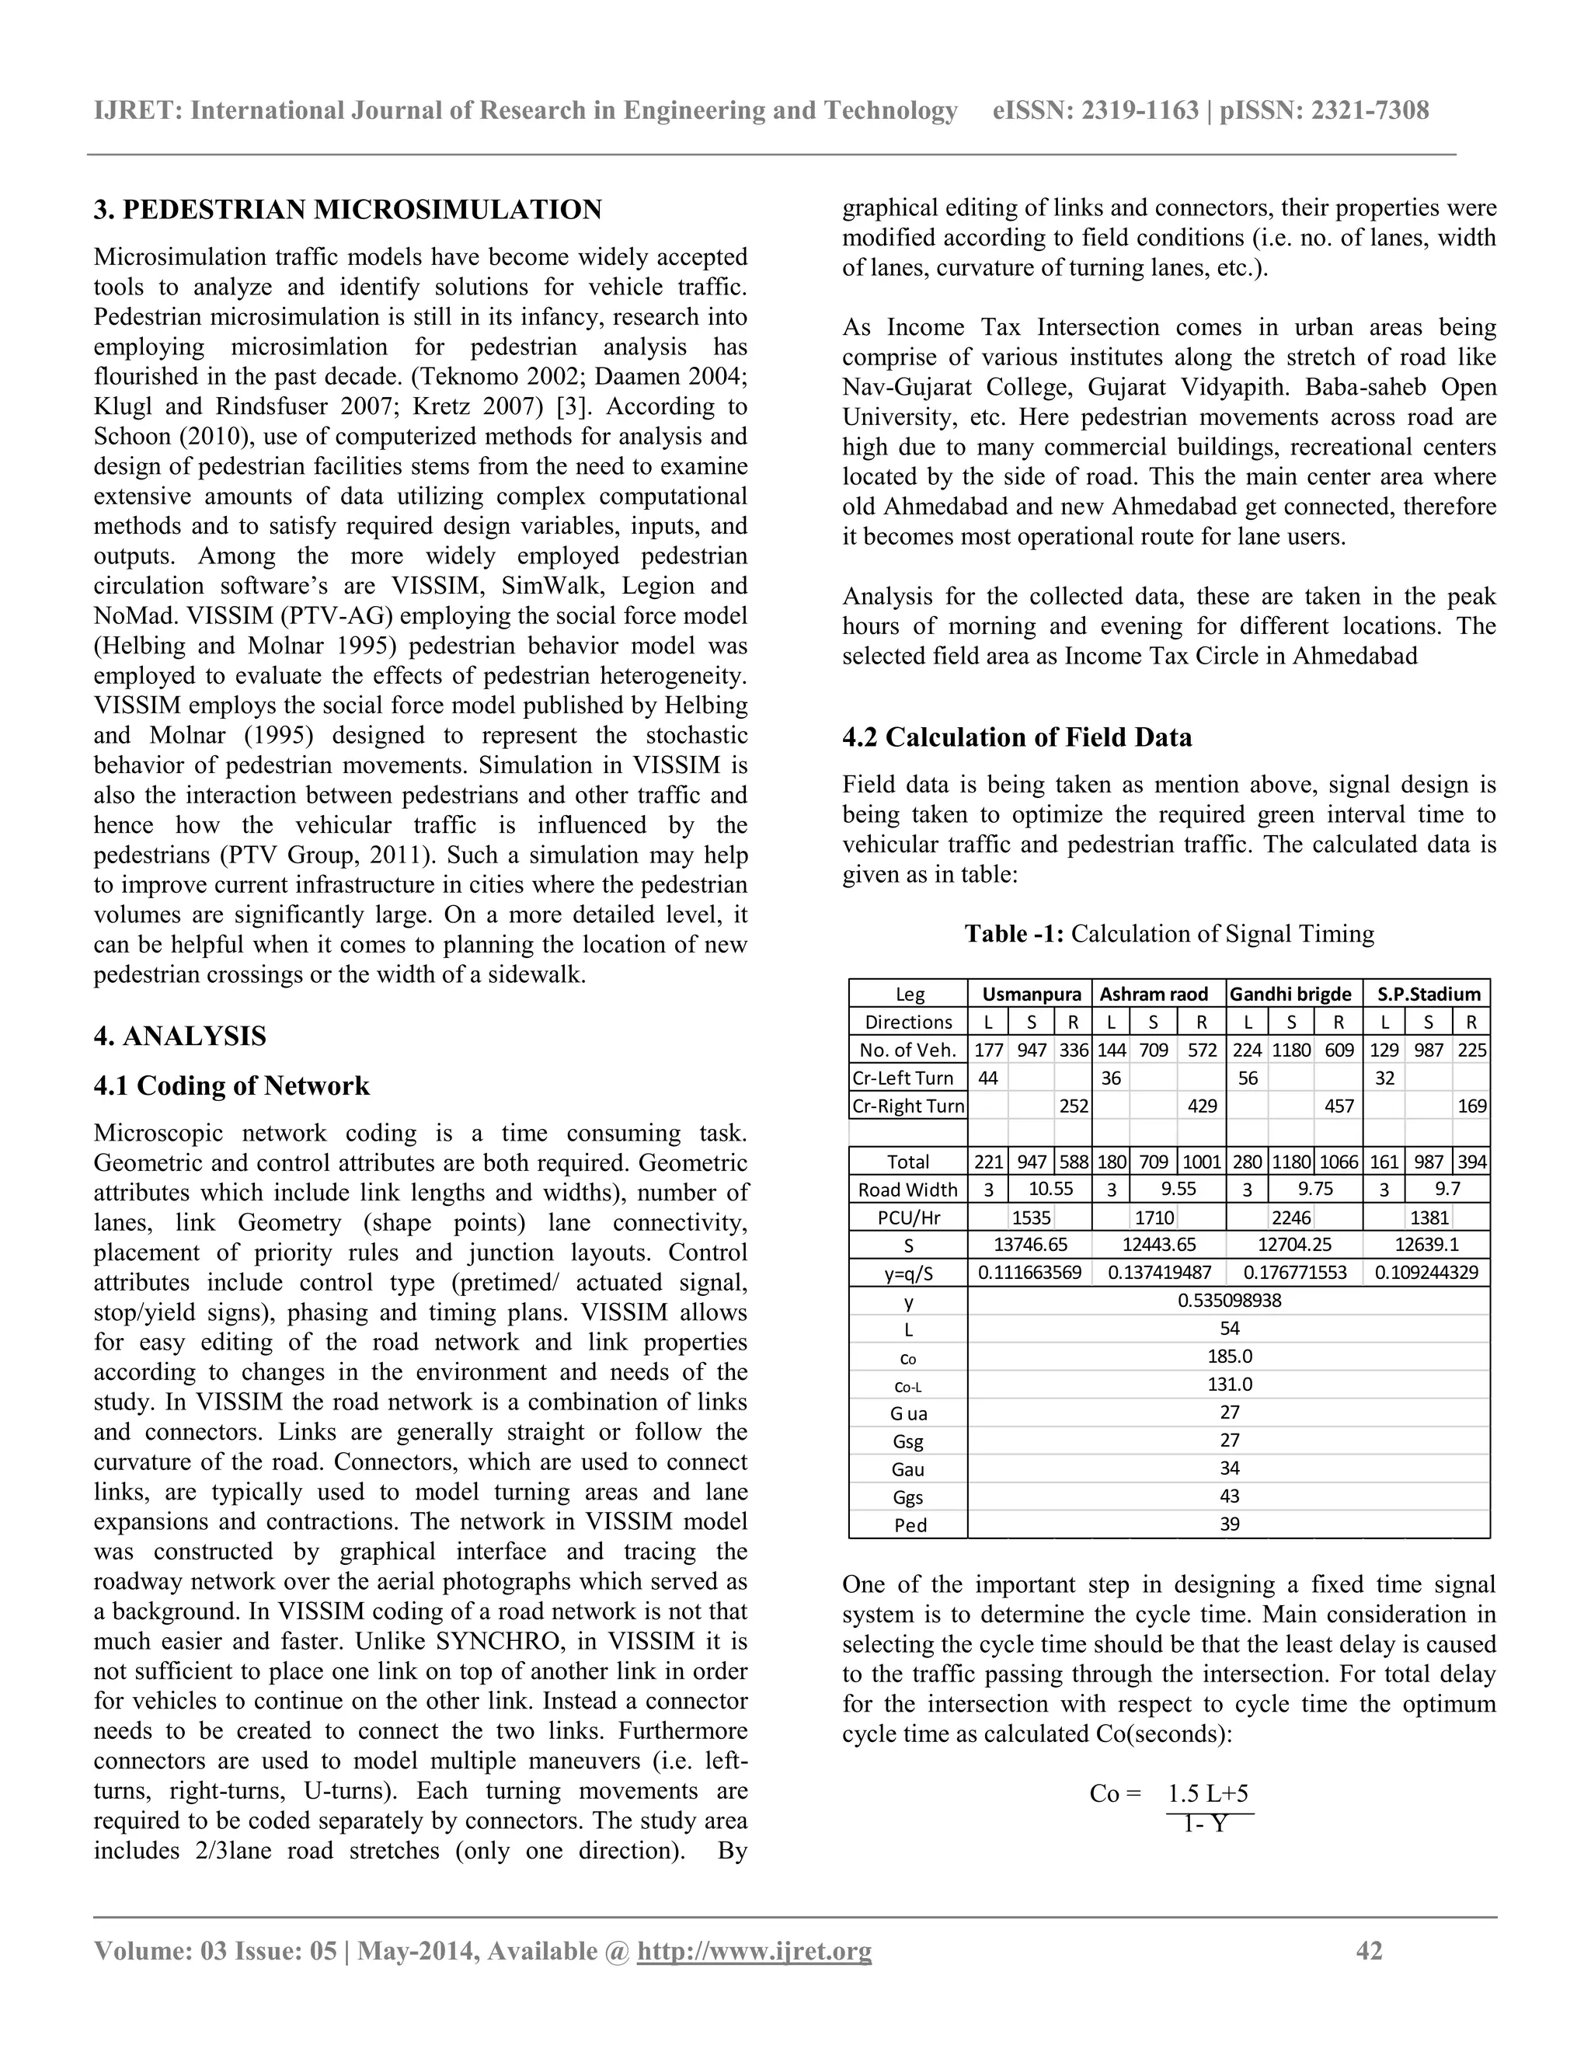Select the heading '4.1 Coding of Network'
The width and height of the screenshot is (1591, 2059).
click(231, 1086)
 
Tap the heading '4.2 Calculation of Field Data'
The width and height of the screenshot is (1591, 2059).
click(1017, 737)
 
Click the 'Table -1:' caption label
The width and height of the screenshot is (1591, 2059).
click(1014, 934)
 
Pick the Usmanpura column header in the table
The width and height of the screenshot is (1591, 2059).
click(1031, 994)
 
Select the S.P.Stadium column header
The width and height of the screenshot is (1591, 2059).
click(1428, 994)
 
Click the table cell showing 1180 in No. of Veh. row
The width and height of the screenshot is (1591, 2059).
click(1291, 1049)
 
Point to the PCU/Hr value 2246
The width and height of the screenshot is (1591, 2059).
click(1291, 1217)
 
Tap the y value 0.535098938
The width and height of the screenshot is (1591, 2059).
click(1229, 1301)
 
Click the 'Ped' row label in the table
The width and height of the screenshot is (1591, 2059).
click(910, 1525)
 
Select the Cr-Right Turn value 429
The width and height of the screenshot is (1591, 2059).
click(1202, 1106)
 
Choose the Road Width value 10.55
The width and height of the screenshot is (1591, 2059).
click(1051, 1189)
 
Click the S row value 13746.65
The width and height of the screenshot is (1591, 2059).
click(1031, 1245)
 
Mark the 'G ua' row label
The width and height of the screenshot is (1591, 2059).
click(910, 1413)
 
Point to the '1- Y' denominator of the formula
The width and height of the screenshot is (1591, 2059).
click(1206, 1824)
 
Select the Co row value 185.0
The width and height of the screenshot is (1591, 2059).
click(1229, 1357)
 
